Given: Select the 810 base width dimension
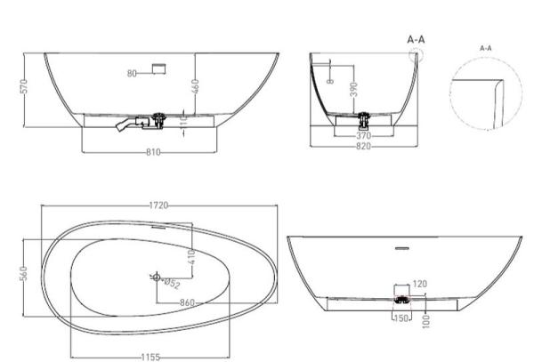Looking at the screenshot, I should (152, 152).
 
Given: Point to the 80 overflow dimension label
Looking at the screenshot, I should (132, 74).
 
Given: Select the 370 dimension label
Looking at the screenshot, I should (363, 135).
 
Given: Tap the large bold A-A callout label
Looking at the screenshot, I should (415, 40).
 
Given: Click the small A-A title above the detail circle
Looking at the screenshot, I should (486, 47).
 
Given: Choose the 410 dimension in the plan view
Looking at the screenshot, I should (190, 258).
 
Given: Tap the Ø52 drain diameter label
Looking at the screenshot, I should (173, 285).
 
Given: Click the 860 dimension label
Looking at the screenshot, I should (187, 303).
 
